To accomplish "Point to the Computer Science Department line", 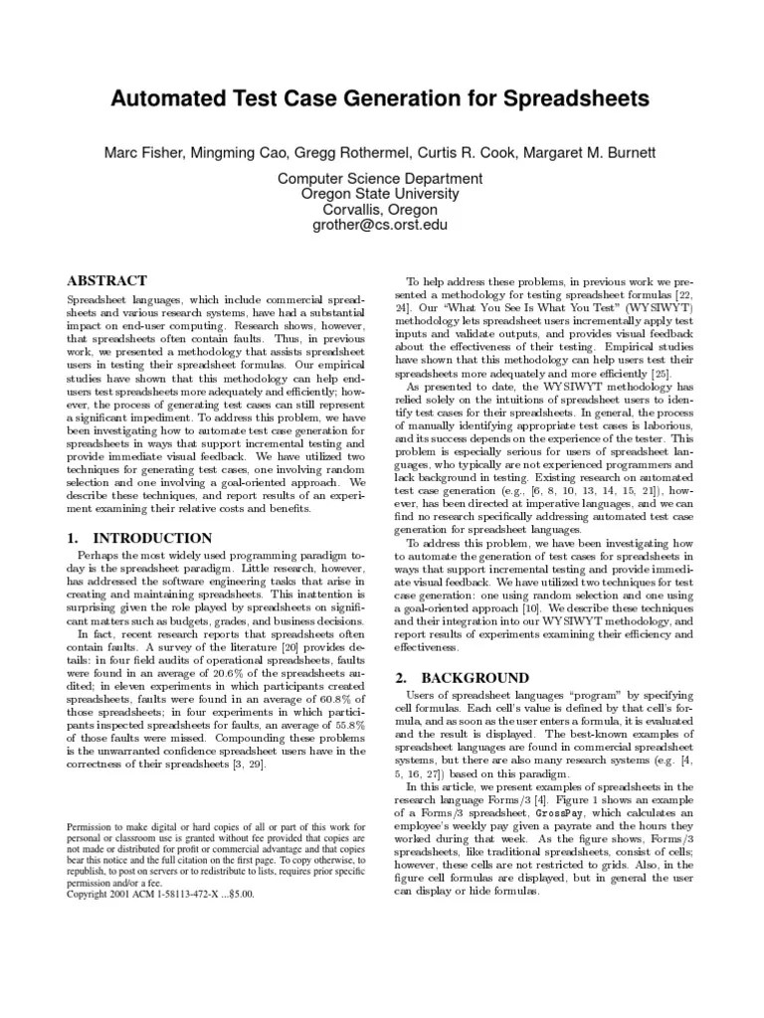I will point(365,179).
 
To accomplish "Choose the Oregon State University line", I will point(365,194).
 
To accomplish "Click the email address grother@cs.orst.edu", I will point(365,225).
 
